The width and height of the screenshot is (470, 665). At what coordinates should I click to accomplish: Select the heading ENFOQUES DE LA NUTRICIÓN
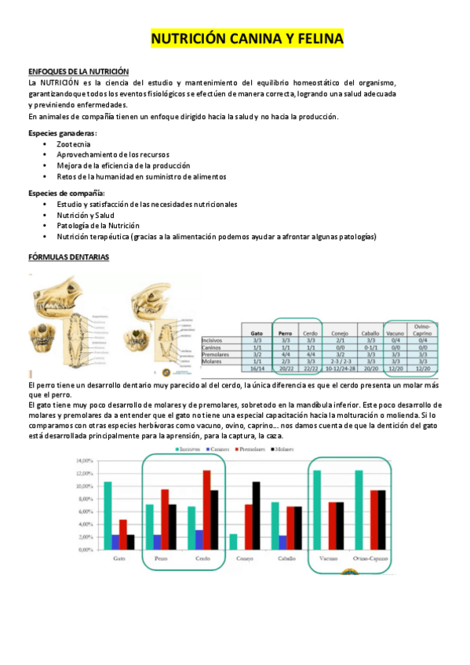(78, 71)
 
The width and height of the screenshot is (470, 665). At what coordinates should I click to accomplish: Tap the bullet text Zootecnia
(73, 145)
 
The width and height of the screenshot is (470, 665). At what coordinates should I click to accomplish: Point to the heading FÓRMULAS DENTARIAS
(69, 256)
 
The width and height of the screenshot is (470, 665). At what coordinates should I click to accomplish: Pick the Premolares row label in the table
(217, 355)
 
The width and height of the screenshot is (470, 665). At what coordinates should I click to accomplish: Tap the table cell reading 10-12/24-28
(340, 369)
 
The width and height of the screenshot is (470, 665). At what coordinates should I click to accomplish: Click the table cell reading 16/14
(256, 369)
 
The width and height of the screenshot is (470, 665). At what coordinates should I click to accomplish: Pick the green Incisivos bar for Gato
(107, 515)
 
